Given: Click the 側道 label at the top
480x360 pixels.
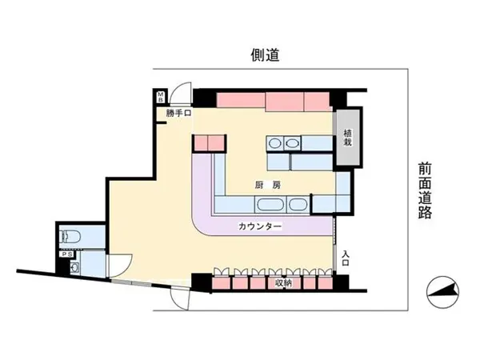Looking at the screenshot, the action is coord(265,55).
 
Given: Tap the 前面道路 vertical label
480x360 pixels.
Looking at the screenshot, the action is coord(426,190).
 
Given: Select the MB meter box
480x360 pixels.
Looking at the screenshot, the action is coord(161,97).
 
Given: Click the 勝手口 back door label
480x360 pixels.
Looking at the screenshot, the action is coord(178,114).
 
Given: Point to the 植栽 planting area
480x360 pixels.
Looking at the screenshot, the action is coord(348,138).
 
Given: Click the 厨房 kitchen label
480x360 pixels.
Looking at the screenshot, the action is coord(268,185).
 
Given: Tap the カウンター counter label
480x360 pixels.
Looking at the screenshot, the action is coord(259,226).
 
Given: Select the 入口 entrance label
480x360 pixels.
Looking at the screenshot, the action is coord(346,258).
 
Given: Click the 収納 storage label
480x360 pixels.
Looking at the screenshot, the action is coord(283,283).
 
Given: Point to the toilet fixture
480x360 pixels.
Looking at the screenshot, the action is coord(70,237).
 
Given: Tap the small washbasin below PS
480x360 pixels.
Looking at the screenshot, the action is coord(74,268).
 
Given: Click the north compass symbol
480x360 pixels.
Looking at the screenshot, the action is coord(442,292).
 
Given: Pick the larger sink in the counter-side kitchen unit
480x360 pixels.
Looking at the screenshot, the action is coord(269,205).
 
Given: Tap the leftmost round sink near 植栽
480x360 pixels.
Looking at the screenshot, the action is coord(275,143).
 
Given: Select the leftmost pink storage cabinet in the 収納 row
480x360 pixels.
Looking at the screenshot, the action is coord(221,283).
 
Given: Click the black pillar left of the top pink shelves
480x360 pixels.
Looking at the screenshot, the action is coord(205,98).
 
